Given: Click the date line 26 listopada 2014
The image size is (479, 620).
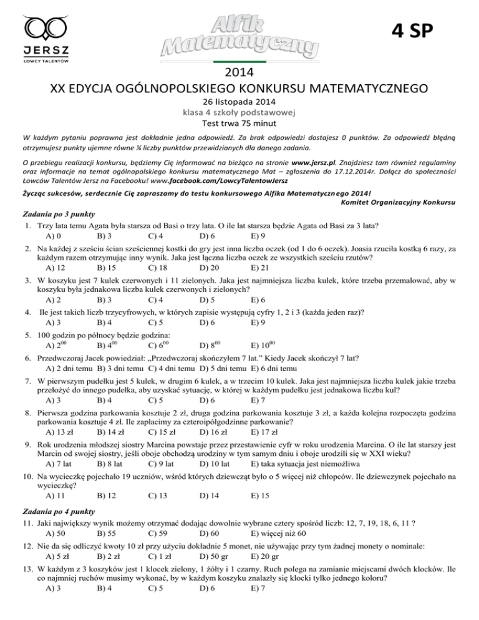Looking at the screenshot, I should (x=239, y=102).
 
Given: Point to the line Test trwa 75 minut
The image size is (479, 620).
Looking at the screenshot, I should (x=239, y=123).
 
